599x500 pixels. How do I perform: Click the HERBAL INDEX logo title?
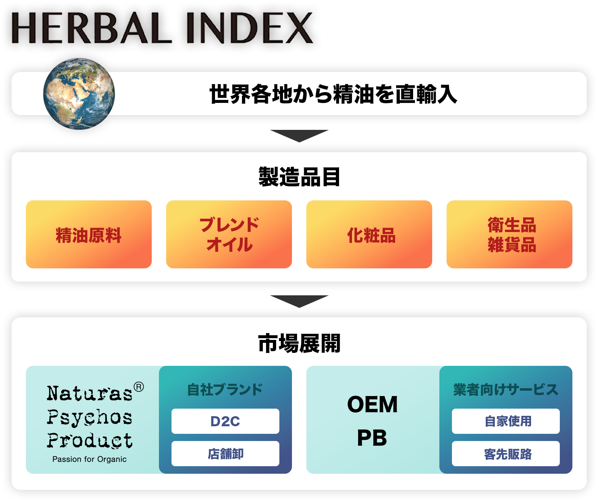tap(162, 28)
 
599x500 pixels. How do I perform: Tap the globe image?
tap(79, 94)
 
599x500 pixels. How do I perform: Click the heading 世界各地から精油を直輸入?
tap(333, 94)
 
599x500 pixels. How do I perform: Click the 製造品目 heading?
tap(299, 177)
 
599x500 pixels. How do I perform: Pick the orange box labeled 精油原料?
tap(89, 234)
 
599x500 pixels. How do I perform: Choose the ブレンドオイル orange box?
tap(229, 234)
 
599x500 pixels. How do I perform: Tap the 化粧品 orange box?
tap(369, 234)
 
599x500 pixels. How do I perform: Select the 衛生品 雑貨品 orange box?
tap(509, 234)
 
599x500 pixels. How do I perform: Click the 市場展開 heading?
tap(299, 343)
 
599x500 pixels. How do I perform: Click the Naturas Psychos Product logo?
tap(90, 417)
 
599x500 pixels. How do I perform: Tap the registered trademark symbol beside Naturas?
tap(139, 387)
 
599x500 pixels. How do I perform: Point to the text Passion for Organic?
tap(90, 459)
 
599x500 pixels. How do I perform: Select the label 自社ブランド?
tap(225, 390)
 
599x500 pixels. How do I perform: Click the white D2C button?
tap(225, 421)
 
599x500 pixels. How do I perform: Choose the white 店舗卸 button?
tap(225, 454)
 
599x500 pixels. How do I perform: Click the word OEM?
tap(372, 404)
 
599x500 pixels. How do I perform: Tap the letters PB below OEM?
tap(372, 438)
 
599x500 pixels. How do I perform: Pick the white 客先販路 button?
tap(506, 454)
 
